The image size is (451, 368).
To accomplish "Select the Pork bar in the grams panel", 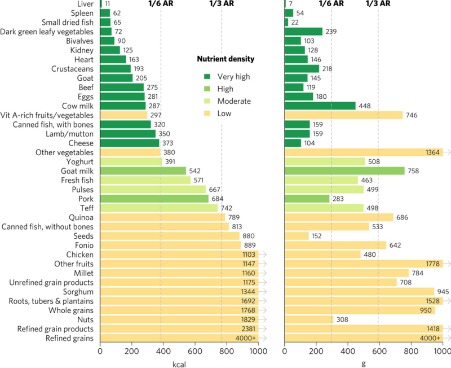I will [307, 199].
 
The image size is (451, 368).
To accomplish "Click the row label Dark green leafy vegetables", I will [48, 31].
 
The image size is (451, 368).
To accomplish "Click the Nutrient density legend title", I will [225, 59].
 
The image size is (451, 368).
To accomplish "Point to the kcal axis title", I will [178, 364].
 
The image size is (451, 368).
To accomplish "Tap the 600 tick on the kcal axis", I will [195, 352].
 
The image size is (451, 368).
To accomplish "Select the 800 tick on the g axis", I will [410, 352].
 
